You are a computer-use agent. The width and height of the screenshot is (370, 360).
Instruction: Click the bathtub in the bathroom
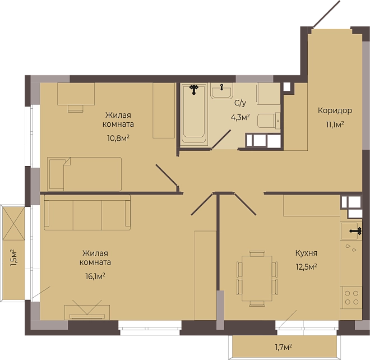click(x=194, y=114)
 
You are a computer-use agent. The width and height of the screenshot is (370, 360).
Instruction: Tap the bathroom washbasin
click(x=221, y=91)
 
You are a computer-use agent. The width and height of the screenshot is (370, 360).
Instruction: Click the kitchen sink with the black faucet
click(x=351, y=231)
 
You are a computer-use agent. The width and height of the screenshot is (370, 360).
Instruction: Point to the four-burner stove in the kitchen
click(x=351, y=297)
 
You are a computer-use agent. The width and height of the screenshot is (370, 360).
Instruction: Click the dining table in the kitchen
click(x=257, y=278)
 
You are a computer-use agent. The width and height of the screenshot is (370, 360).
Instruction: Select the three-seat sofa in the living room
click(x=87, y=212)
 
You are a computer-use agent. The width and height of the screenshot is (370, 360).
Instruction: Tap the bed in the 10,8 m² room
click(x=85, y=174)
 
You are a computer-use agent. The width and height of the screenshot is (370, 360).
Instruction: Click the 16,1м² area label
click(x=95, y=276)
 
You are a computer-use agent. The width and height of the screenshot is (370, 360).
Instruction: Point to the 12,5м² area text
click(x=306, y=267)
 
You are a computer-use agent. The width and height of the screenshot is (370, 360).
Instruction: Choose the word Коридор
click(x=335, y=110)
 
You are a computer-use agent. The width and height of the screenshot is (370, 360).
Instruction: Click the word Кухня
click(x=306, y=253)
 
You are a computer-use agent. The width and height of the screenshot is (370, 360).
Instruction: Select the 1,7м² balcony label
click(x=283, y=347)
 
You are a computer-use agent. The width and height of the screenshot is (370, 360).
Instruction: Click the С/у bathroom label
click(x=240, y=103)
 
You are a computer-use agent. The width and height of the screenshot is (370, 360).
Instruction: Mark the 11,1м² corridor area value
click(x=335, y=124)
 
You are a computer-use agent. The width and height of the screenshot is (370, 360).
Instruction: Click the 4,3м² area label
click(x=240, y=117)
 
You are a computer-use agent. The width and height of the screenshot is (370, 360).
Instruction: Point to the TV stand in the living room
click(x=87, y=312)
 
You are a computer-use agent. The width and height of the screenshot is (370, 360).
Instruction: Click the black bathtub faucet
click(x=194, y=90)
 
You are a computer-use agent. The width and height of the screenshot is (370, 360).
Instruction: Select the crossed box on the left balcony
click(x=14, y=223)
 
